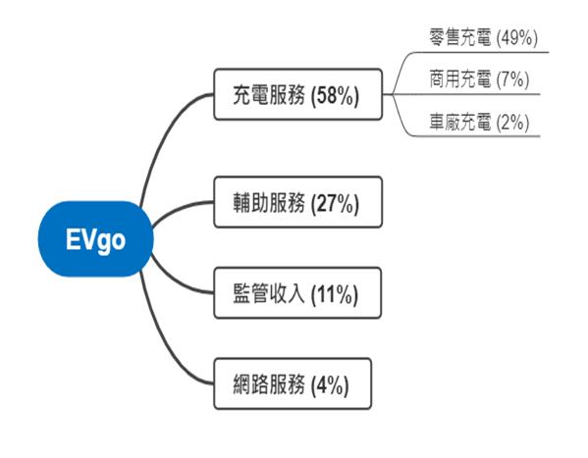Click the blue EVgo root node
coord(95,239)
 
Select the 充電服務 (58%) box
coord(298,94)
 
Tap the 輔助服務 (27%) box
coord(298,202)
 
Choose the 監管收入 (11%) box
coord(297,293)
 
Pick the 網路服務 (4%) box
coord(293,383)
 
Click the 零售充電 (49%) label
coord(483,37)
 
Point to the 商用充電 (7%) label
coord(479,79)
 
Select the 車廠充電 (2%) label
coord(479,122)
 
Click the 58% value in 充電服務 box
coord(336,95)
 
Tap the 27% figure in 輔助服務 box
coord(336,203)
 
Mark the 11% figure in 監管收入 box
coord(335,294)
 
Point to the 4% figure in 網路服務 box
coord(330,384)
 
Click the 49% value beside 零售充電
coord(517,38)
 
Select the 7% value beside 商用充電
coord(513,79)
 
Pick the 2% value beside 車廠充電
coord(513,123)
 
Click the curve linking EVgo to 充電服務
coord(161,135)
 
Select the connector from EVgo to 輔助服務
coord(178,208)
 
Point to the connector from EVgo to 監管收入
coord(177,283)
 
